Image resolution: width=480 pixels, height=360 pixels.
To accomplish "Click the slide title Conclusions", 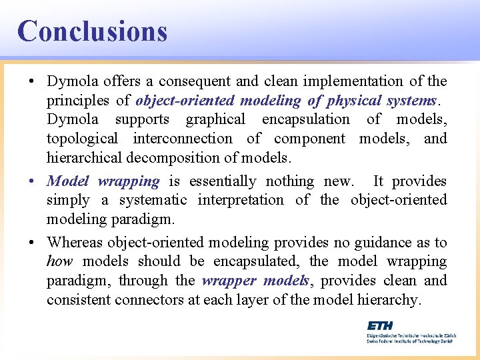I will (x=92, y=31).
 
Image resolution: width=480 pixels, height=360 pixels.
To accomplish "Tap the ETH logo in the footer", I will (x=380, y=325).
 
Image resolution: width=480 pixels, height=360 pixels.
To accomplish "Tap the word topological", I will (x=82, y=139).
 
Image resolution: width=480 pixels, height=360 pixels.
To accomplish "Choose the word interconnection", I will (x=183, y=139).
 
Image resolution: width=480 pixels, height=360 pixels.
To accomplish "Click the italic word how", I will (x=59, y=262).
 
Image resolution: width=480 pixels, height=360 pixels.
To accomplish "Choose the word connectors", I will (x=147, y=300).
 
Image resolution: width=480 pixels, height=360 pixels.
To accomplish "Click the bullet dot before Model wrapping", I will (x=32, y=181).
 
